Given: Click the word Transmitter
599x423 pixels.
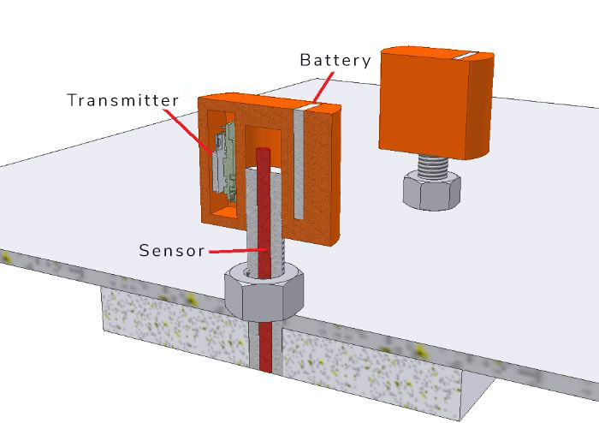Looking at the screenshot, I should pyautogui.click(x=123, y=100).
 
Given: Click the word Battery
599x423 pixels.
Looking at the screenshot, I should pyautogui.click(x=335, y=61).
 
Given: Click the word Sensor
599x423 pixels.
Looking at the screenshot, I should pyautogui.click(x=172, y=251).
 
